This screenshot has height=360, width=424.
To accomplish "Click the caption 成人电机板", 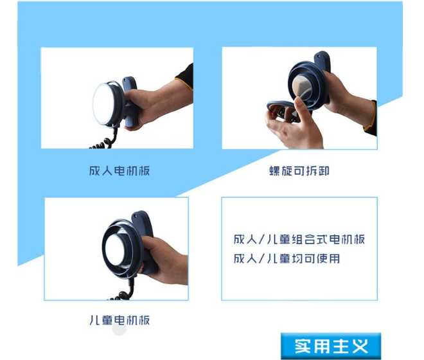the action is pos(119,171).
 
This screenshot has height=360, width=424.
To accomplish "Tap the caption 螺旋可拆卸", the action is pos(299,171).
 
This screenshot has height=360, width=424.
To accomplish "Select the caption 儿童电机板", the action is pos(119,320).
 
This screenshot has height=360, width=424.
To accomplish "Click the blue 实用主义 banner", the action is pos(331,346).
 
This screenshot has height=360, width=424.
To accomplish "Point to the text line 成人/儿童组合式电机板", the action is pos(299,239).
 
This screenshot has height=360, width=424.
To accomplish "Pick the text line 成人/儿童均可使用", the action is pos(287,258).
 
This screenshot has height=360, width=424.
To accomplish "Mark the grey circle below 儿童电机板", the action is pos(119,329).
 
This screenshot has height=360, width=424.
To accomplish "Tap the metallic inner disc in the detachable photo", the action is pos(302,86).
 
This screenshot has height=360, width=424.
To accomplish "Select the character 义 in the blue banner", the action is pos(360,346).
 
